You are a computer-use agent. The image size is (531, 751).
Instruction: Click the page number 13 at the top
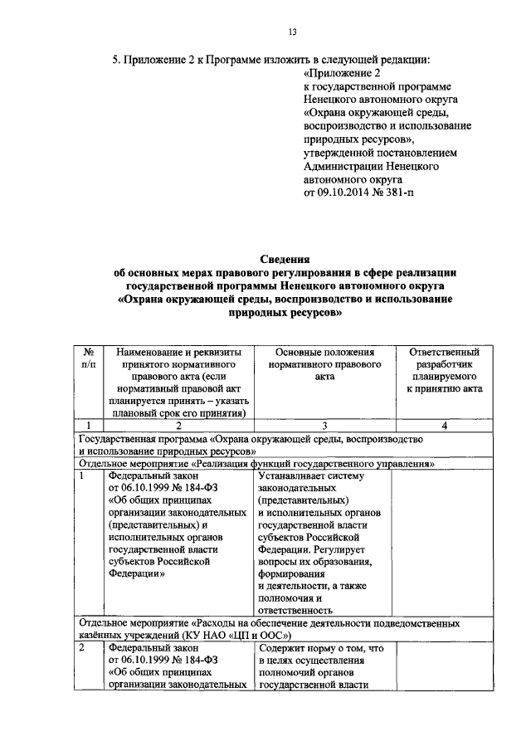pos(291,32)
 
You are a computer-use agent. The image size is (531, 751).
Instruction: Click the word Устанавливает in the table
pos(294,476)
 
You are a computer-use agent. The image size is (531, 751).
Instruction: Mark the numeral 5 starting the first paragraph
pos(115,60)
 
